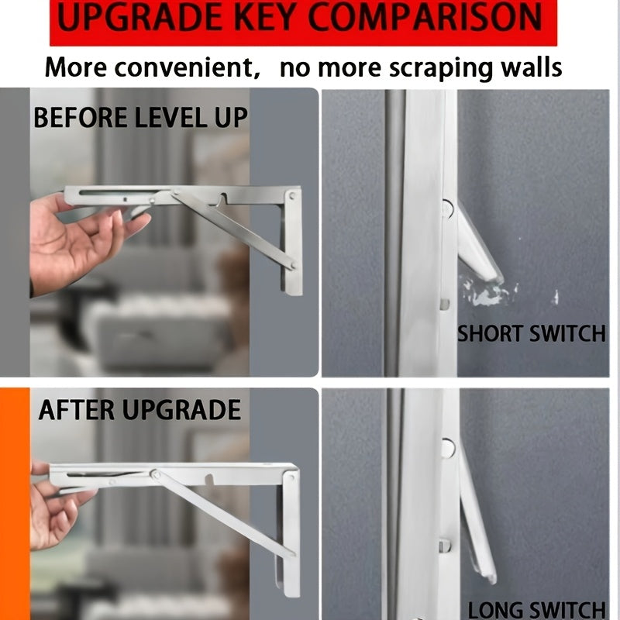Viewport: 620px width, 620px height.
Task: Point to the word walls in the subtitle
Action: (523, 67)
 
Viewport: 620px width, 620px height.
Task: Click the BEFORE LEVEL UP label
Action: (140, 119)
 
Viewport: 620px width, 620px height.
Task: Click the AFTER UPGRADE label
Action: (140, 410)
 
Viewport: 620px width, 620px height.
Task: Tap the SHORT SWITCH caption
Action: (531, 334)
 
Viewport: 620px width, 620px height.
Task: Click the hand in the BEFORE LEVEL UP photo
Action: (77, 240)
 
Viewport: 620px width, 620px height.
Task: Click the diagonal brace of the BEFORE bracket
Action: (232, 229)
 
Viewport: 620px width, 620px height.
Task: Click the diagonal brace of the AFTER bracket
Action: (225, 515)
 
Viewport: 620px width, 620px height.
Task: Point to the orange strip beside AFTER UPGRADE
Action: (14, 504)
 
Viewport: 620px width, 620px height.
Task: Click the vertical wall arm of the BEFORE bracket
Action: (291, 248)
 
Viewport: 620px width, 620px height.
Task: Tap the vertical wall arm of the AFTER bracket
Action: (290, 535)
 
